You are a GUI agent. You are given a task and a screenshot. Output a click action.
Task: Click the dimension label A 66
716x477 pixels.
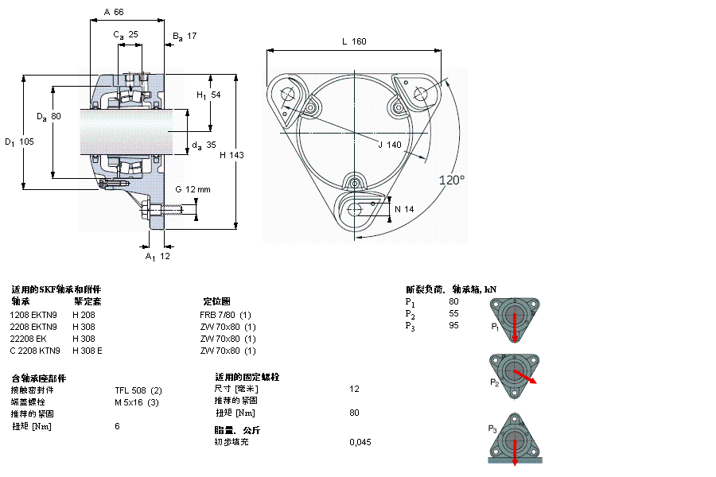click(x=115, y=13)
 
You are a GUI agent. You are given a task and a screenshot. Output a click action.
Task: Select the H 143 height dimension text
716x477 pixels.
click(x=232, y=155)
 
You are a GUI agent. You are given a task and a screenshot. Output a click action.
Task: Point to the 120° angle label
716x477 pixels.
click(x=451, y=180)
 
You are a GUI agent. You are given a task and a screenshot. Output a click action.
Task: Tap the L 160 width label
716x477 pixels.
click(x=354, y=41)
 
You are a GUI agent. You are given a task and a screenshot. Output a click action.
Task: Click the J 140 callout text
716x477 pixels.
click(x=390, y=145)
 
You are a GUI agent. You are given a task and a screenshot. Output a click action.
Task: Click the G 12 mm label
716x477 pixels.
click(x=193, y=189)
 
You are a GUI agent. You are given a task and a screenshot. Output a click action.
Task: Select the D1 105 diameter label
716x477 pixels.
click(x=19, y=142)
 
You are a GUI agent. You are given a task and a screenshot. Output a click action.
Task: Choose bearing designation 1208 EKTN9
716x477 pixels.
click(x=33, y=314)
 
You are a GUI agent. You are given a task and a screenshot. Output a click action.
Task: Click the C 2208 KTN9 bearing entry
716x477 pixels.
click(x=34, y=351)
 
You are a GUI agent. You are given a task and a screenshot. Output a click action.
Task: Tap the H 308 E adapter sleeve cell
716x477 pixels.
click(x=88, y=351)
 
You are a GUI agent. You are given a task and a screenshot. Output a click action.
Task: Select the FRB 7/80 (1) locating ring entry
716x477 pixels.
click(x=226, y=314)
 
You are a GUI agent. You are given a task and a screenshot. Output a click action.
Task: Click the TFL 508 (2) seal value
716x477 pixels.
click(x=138, y=390)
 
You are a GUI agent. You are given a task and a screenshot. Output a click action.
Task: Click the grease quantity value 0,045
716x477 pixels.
click(x=360, y=442)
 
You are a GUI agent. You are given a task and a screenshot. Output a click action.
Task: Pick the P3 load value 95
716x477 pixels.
click(x=453, y=325)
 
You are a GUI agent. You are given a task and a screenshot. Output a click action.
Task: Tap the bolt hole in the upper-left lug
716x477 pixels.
click(x=288, y=94)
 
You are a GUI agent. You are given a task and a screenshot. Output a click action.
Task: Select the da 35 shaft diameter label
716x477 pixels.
click(x=204, y=145)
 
